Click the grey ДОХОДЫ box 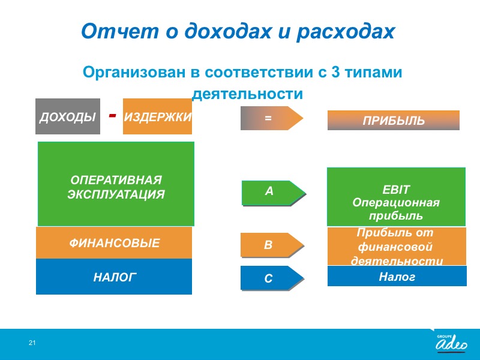point(68,116)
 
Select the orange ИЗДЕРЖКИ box point(157,116)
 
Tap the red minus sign point(113,115)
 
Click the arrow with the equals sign point(272,118)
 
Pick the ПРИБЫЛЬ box point(394,121)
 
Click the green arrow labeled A point(274,193)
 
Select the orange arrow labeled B point(272,245)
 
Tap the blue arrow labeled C point(272,278)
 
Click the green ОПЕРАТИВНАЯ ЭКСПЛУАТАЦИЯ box point(116,184)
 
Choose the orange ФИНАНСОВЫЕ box point(114,243)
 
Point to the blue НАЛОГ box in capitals point(114,277)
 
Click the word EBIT point(395,190)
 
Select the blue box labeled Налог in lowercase point(397,276)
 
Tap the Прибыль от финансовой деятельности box point(397,246)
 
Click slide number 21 point(32,343)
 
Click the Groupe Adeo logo point(451,343)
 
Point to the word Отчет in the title point(120,31)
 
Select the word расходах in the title point(346,32)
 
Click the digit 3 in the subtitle point(335,72)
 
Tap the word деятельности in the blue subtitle point(247,94)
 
